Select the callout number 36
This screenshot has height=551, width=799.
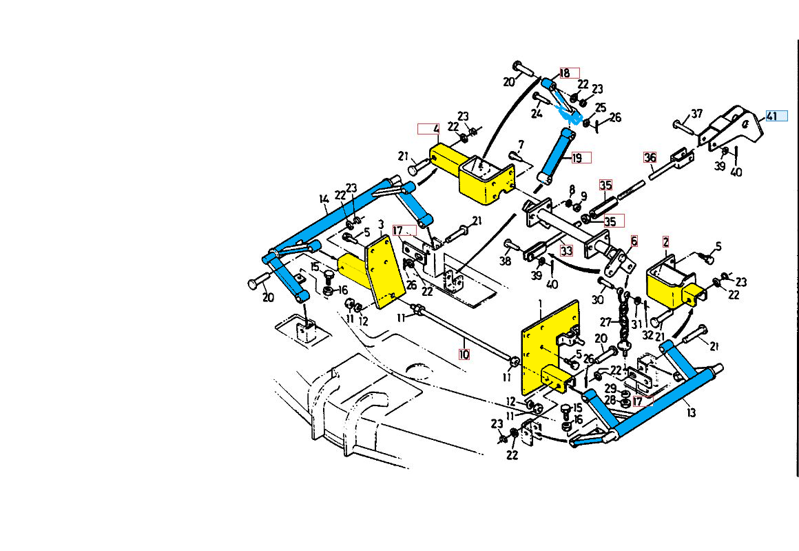(x=650, y=157)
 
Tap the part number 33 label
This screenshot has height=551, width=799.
(x=566, y=251)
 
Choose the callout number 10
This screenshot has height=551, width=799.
(x=464, y=354)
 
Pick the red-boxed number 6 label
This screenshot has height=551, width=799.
(x=634, y=241)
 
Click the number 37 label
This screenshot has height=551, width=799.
(x=696, y=114)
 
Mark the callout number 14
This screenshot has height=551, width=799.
(x=324, y=200)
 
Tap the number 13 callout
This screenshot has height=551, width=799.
(x=691, y=412)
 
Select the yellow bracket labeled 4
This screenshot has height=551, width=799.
(x=475, y=172)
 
